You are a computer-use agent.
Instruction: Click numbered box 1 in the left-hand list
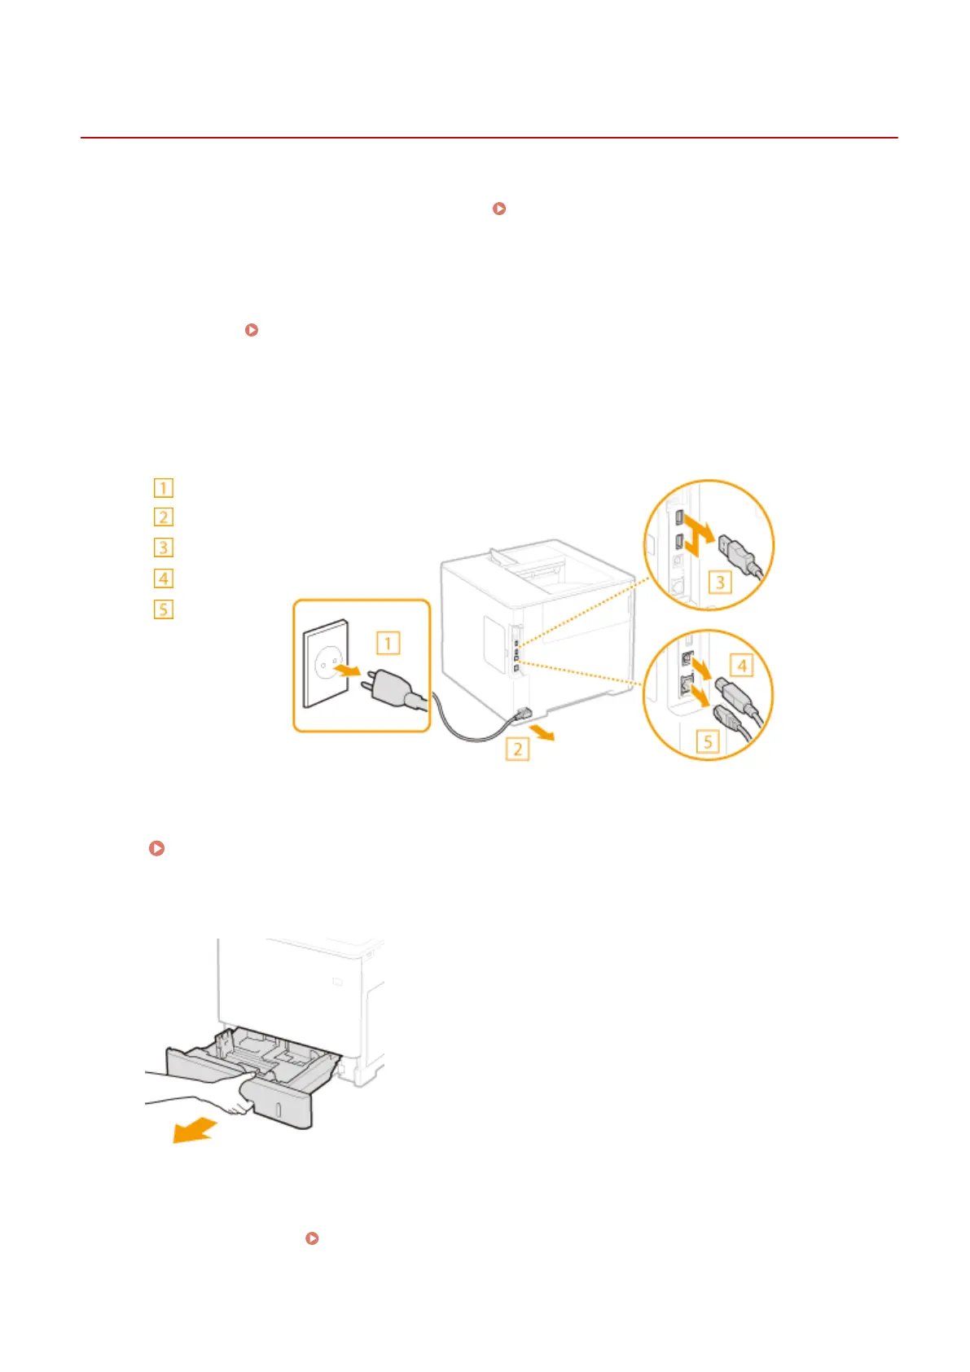tap(164, 488)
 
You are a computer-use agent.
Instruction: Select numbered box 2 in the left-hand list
tap(164, 517)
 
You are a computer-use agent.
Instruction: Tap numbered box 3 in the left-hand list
tap(164, 547)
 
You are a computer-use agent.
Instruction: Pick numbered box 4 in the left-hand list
tap(164, 578)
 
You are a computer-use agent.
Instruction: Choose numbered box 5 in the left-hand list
tap(164, 609)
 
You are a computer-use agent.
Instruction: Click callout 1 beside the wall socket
tap(388, 644)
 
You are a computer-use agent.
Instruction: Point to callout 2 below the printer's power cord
tap(518, 748)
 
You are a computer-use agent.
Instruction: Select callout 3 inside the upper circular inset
tap(720, 583)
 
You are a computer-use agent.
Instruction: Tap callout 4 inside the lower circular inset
tap(742, 666)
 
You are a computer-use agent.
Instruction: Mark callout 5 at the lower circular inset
tap(708, 741)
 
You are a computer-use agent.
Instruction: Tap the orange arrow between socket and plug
tap(348, 671)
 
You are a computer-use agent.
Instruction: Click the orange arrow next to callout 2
tap(542, 734)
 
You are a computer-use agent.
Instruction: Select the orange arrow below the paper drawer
tap(194, 1131)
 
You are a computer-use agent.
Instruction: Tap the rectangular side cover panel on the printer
tap(494, 644)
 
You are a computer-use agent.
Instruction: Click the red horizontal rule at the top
tap(489, 138)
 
